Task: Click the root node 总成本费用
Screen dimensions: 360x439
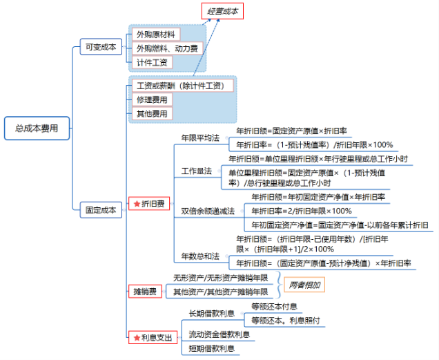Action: click(x=37, y=128)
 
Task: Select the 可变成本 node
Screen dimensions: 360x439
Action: click(x=99, y=47)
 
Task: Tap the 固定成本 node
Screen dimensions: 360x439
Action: click(x=99, y=209)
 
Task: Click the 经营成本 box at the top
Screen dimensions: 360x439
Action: click(x=222, y=11)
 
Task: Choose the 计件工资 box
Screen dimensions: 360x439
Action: click(x=151, y=63)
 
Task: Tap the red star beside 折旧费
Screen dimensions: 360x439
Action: click(x=136, y=205)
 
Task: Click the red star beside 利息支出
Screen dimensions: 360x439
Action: click(x=136, y=337)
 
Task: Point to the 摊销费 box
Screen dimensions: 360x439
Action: click(x=146, y=292)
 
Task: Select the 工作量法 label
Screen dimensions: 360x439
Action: click(x=196, y=171)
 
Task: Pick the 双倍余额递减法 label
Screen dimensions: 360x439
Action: click(x=208, y=211)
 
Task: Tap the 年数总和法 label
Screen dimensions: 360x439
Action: click(x=199, y=256)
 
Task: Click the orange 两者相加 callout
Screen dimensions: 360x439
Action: click(x=304, y=284)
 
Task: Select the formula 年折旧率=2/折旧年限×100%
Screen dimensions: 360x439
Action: click(x=301, y=211)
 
